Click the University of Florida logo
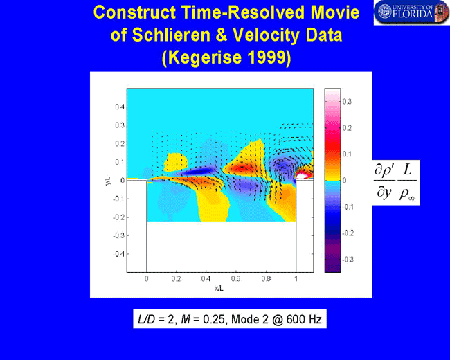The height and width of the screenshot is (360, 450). pyautogui.click(x=411, y=12)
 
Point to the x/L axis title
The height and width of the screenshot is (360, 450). pyautogui.click(x=219, y=288)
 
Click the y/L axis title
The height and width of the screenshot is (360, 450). pyautogui.click(x=108, y=181)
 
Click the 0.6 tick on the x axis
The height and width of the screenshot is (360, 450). pyautogui.click(x=235, y=278)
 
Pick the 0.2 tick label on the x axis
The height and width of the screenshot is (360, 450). pyautogui.click(x=177, y=278)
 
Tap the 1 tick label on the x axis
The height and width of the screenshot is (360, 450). pyautogui.click(x=296, y=278)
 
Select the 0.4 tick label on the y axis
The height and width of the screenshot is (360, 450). pyautogui.click(x=120, y=107)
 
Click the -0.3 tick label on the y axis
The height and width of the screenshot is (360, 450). pyautogui.click(x=118, y=235)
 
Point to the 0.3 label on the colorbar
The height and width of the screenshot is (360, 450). pyautogui.click(x=347, y=101)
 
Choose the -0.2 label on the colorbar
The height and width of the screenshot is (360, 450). pyautogui.click(x=348, y=233)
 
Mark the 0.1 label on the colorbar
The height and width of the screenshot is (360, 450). pyautogui.click(x=347, y=154)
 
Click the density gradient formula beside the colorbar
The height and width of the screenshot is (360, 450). pyautogui.click(x=396, y=182)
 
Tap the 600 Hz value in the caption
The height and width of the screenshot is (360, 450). pyautogui.click(x=304, y=319)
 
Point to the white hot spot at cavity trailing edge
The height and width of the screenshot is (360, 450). pyautogui.click(x=303, y=175)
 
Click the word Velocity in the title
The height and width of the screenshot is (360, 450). pyautogui.click(x=267, y=35)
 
